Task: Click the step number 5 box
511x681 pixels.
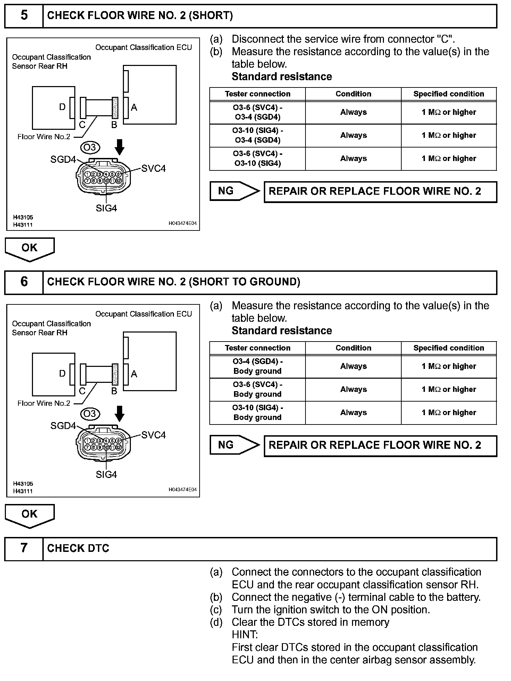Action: click(24, 16)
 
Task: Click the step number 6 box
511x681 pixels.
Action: click(24, 282)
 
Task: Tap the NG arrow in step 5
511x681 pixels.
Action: click(235, 191)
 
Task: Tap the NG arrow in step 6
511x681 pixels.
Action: click(235, 445)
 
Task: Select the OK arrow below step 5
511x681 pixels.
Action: click(30, 249)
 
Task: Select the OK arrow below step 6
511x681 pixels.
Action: click(30, 515)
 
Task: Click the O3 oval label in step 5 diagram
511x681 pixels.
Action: click(90, 147)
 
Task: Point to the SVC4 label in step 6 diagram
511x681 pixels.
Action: click(153, 435)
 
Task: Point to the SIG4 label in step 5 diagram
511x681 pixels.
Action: click(106, 208)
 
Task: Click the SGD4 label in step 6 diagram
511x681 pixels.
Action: click(63, 426)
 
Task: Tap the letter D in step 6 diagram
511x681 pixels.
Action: click(62, 373)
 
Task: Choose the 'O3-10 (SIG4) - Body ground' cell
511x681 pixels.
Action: click(257, 413)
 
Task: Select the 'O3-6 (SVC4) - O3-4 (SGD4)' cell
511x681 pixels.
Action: click(257, 112)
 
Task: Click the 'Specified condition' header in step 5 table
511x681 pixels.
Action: click(449, 94)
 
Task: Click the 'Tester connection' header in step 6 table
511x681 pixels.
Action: click(257, 348)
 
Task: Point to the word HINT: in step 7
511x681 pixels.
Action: click(245, 635)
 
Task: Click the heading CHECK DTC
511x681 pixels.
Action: click(78, 548)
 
